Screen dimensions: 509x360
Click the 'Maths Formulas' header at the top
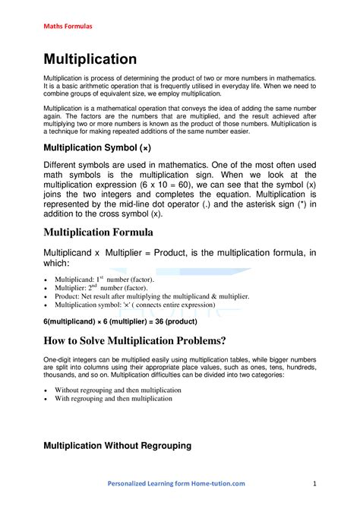click(x=67, y=27)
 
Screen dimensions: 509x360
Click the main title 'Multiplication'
click(x=90, y=58)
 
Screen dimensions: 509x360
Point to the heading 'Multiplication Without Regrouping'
click(x=117, y=445)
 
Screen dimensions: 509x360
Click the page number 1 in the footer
click(x=314, y=483)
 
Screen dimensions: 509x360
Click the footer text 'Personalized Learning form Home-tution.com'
click(x=176, y=483)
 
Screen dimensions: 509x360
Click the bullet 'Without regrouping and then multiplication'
click(x=118, y=390)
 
